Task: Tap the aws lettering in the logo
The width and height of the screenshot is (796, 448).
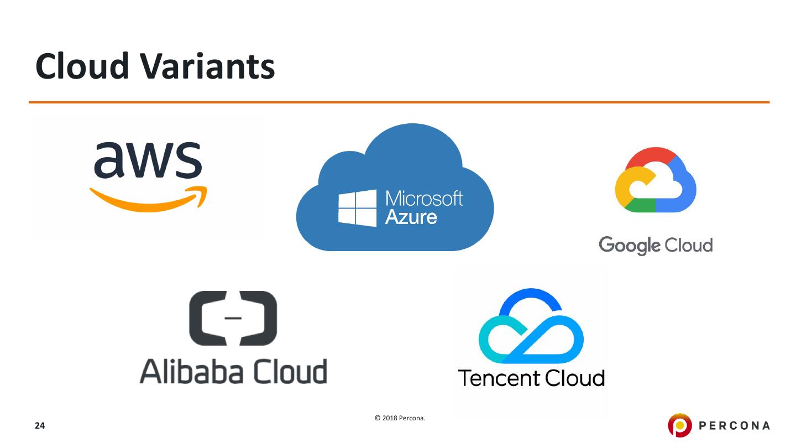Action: pos(148,159)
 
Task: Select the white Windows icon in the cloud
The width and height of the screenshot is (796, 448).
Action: pos(357,208)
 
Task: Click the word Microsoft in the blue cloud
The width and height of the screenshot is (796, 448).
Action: pos(423,199)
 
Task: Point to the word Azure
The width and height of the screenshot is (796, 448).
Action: pos(411,216)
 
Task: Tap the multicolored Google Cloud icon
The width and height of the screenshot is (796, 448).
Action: pos(656,180)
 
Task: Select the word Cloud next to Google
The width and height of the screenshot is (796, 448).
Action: pos(688,244)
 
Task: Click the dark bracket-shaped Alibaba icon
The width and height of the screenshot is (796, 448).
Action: pos(233,318)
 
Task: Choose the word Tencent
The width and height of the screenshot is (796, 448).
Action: pos(499,378)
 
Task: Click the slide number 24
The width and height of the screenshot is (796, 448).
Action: pos(40,426)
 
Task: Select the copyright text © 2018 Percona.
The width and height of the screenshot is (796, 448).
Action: pos(400,418)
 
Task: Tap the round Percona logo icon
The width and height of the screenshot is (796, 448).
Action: pos(679,425)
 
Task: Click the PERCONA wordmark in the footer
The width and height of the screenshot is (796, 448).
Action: pos(735,425)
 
